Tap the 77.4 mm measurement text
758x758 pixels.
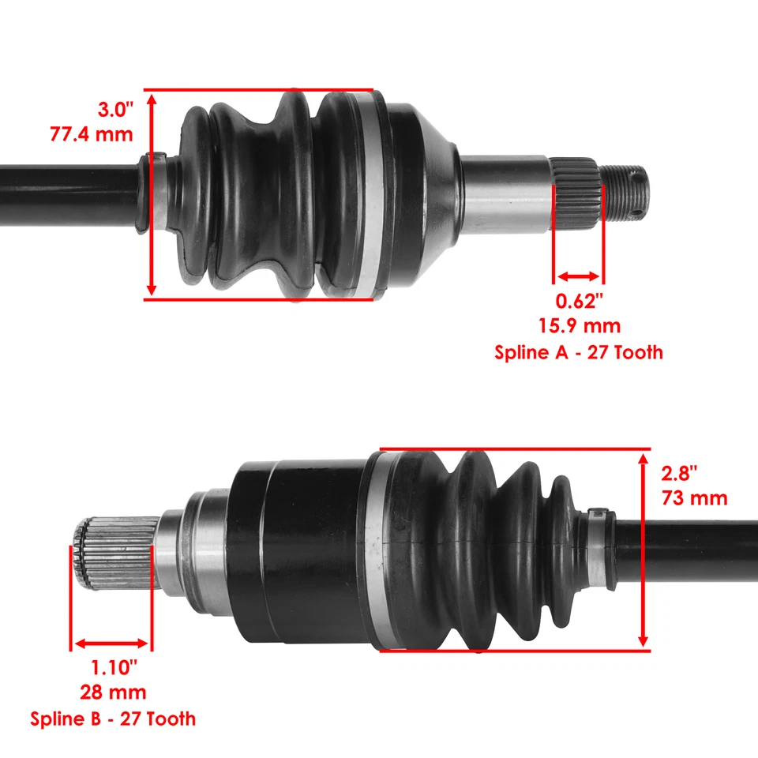(x=92, y=133)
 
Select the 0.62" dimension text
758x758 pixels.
(x=580, y=301)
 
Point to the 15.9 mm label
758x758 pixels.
(x=580, y=325)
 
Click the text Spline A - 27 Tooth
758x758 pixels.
(x=579, y=352)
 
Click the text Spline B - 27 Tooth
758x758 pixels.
(x=113, y=719)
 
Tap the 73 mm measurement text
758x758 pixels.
(x=696, y=499)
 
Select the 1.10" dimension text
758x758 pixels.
(x=113, y=667)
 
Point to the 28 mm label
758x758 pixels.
(x=113, y=692)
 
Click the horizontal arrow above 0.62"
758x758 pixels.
(x=579, y=276)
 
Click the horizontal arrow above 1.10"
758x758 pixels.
(x=111, y=644)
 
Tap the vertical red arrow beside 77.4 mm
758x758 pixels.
(x=152, y=194)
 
